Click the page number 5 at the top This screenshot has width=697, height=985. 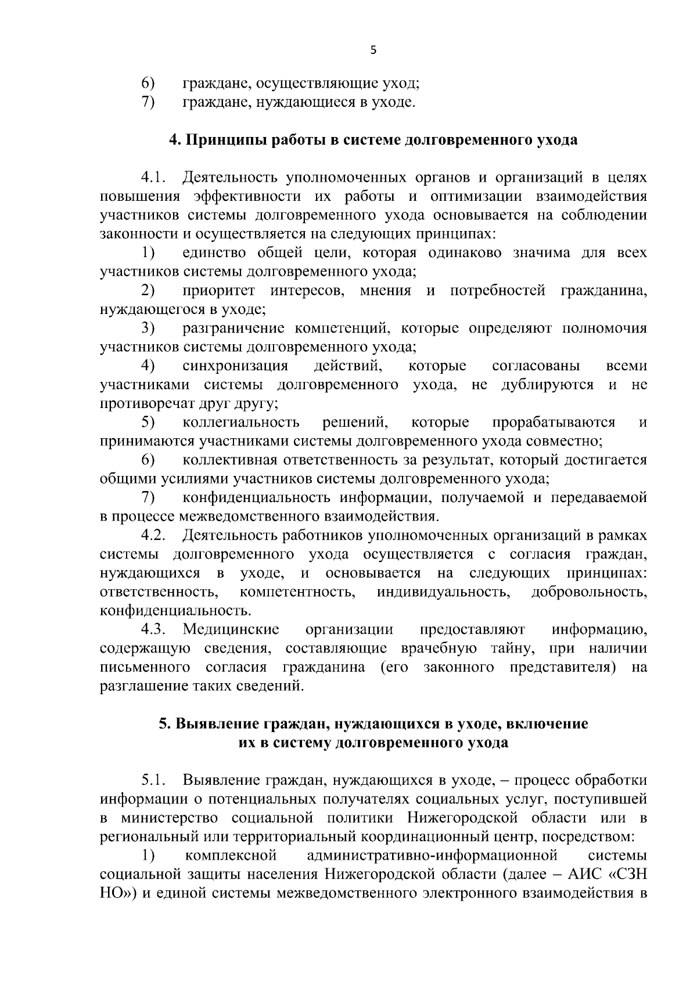point(373,50)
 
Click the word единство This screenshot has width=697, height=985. point(212,253)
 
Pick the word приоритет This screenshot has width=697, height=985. point(218,290)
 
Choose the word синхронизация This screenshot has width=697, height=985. point(235,366)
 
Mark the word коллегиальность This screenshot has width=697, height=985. point(241,423)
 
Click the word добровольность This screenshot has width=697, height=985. point(589,592)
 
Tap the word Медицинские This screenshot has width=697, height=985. point(231,630)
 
